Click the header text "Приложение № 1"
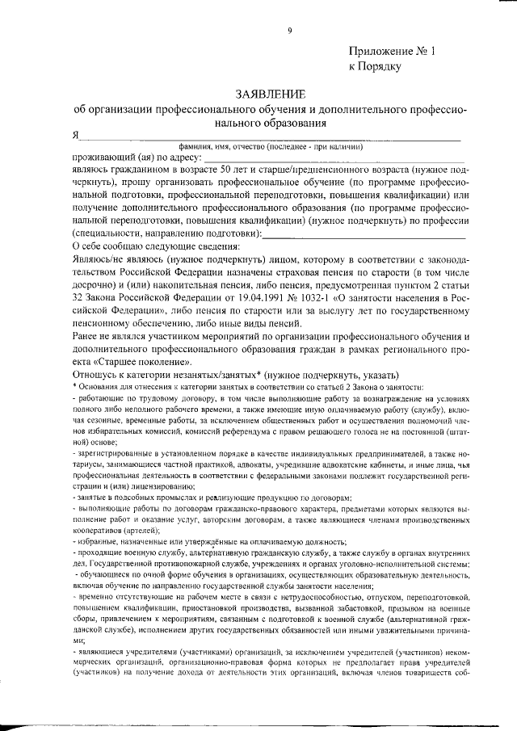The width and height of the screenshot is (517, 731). click(391, 51)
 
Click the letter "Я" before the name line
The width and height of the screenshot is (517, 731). click(75, 135)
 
